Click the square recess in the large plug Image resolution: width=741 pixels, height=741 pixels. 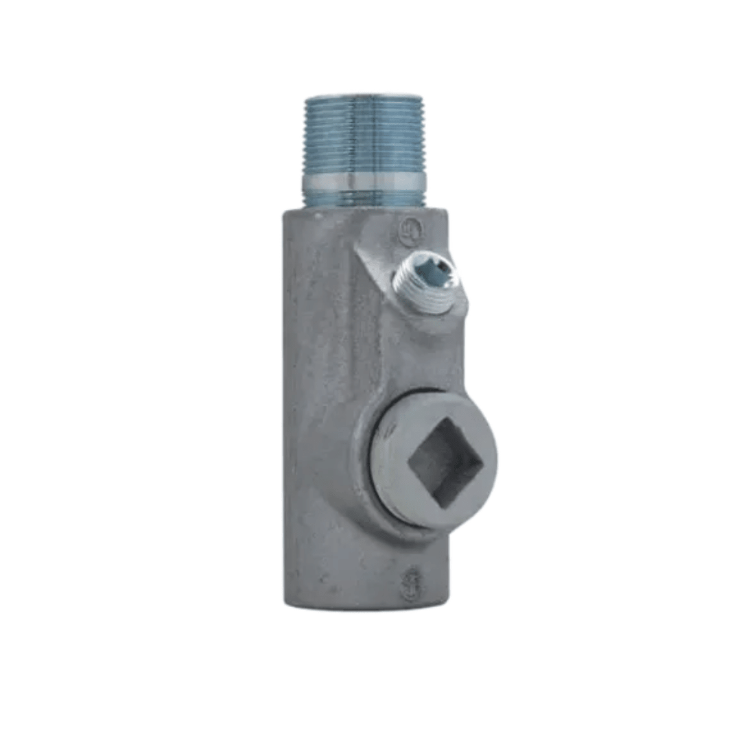[446, 463]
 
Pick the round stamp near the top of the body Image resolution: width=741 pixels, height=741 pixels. [410, 232]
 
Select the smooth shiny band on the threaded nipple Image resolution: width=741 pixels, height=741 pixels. [364, 184]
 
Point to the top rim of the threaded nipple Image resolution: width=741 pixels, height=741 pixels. [364, 97]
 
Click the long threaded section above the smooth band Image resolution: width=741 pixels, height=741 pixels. [364, 137]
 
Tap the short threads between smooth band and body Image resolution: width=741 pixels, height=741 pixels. [364, 199]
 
